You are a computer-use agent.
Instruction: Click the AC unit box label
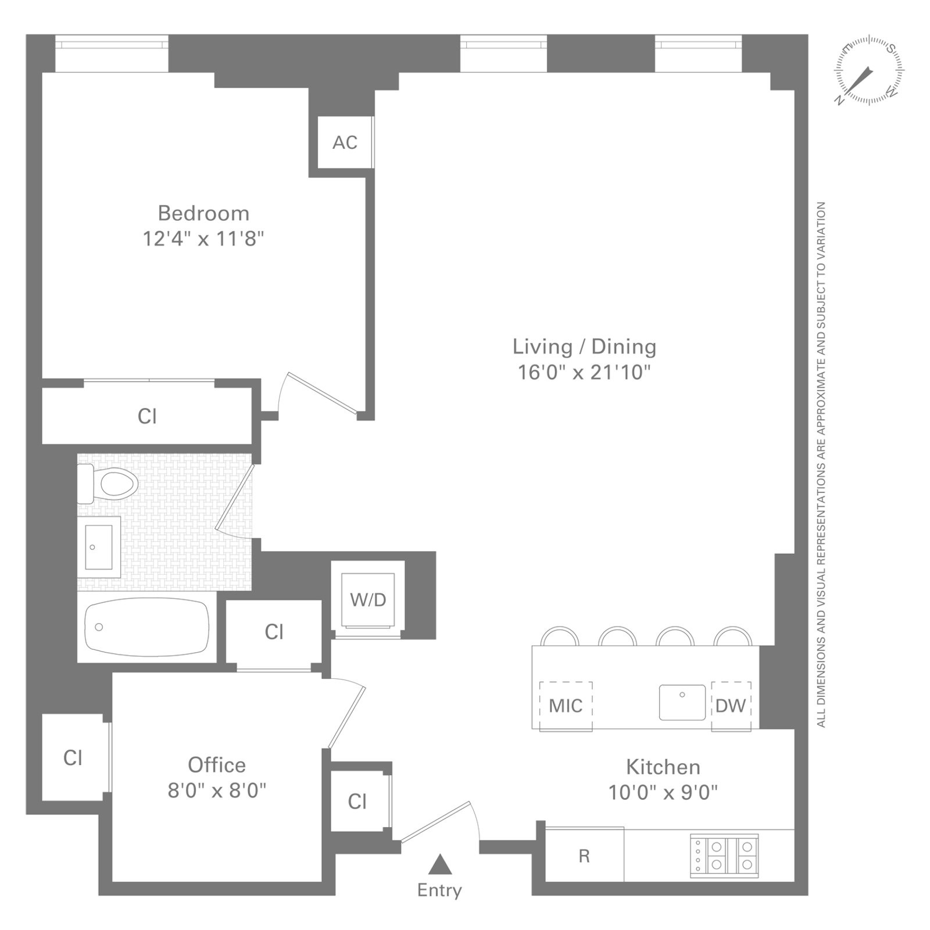(345, 142)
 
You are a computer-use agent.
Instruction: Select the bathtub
(146, 627)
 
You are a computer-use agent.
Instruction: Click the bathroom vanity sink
(99, 547)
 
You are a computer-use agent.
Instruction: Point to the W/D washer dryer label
(368, 599)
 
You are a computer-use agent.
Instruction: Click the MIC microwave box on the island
(566, 706)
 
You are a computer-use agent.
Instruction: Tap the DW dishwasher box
(731, 706)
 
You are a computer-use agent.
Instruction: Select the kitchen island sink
(682, 702)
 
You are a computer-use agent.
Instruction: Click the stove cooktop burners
(724, 856)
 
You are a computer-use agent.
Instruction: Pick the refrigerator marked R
(584, 856)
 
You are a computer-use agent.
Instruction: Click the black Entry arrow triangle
(440, 864)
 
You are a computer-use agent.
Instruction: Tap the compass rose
(869, 70)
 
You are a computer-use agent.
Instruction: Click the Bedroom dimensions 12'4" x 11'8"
(203, 238)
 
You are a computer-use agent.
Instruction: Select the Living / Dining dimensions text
(584, 372)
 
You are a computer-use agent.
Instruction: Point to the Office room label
(216, 765)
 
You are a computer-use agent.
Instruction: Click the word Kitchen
(663, 767)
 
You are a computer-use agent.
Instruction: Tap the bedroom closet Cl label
(147, 416)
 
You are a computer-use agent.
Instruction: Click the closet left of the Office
(73, 757)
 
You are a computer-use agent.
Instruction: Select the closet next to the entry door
(357, 802)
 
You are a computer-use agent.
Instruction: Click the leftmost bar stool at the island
(559, 636)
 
